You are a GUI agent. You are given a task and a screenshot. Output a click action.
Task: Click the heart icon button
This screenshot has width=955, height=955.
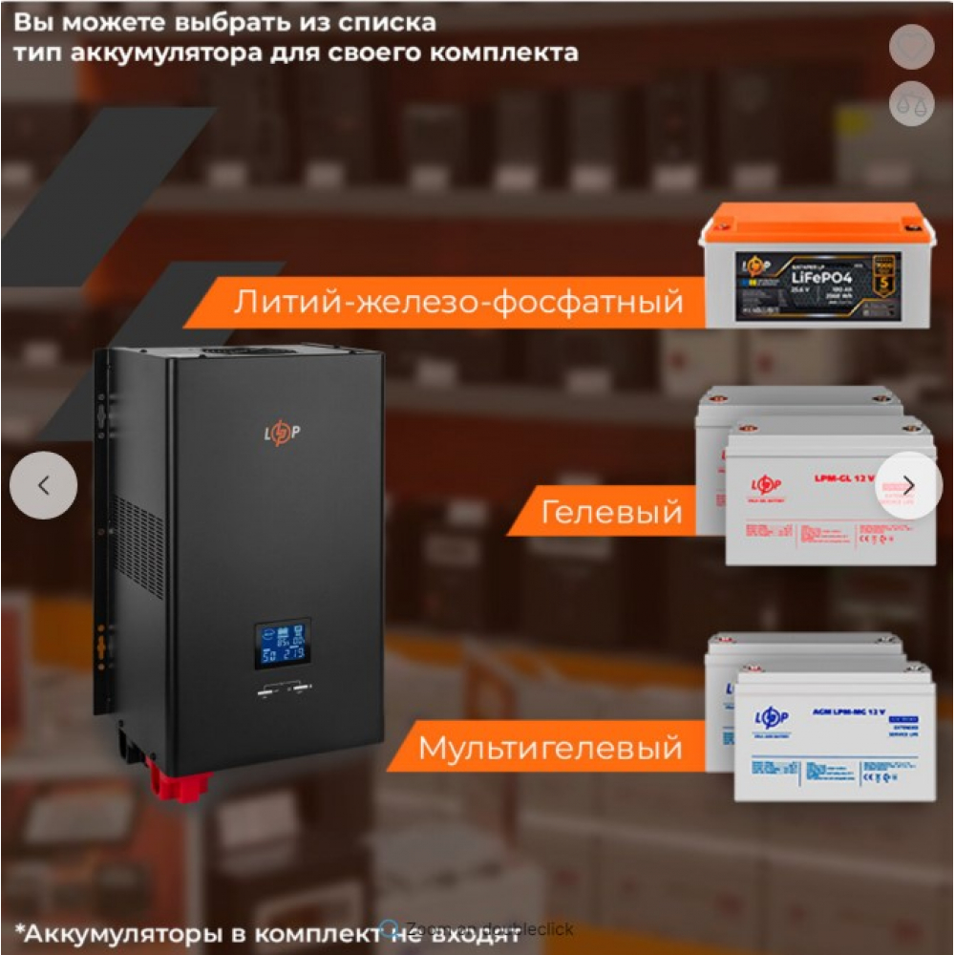coord(911,46)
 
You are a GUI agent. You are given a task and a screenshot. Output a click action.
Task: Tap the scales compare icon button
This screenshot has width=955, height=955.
coord(911,104)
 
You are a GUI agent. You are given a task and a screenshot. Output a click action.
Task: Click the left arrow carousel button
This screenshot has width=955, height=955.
coord(43,485)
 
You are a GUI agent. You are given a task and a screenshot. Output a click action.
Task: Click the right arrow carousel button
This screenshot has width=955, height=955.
coord(909,485)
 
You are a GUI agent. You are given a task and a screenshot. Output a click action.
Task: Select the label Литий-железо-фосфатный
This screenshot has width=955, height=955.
coord(458,303)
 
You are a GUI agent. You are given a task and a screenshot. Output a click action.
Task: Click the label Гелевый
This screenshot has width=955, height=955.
coord(611,513)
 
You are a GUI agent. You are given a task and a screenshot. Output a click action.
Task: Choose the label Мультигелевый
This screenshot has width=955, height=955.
coord(550,748)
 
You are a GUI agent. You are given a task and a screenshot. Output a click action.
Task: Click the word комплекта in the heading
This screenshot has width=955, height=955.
coord(504,53)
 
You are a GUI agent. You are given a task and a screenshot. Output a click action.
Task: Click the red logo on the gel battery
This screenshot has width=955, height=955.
coord(765,484)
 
